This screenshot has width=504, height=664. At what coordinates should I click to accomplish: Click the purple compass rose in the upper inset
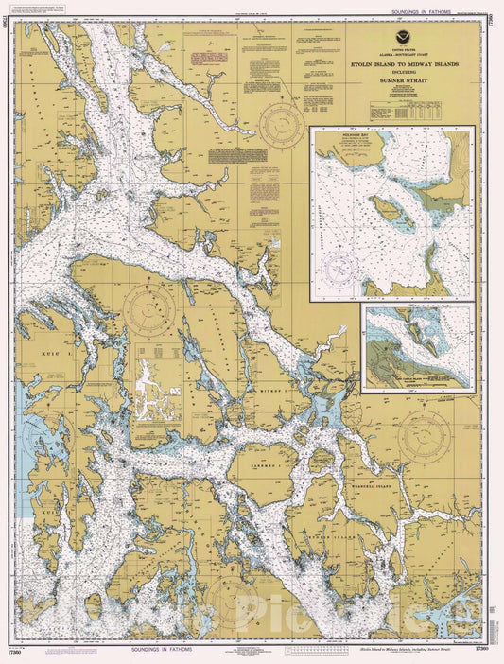click(x=343, y=271)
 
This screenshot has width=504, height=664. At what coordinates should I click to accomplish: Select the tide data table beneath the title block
click(x=391, y=111)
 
